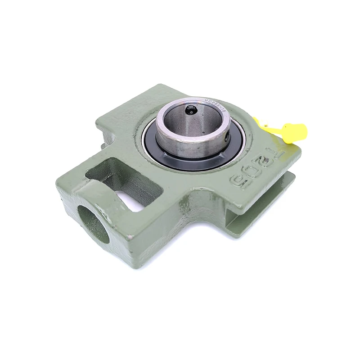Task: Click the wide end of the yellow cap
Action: pos(297,132)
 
